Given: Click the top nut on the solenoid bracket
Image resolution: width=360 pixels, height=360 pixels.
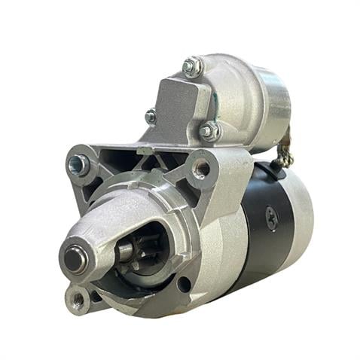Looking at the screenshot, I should (192, 67).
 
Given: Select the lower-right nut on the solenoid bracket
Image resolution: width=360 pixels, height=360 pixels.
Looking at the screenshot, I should (208, 132).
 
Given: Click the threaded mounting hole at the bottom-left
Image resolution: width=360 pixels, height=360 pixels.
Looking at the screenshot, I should (77, 300).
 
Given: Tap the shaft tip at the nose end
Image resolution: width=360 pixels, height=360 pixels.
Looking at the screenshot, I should (73, 258).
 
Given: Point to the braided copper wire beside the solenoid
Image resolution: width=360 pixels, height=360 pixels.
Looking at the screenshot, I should (285, 154).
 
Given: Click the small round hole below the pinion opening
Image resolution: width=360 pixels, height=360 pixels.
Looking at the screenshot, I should (184, 284).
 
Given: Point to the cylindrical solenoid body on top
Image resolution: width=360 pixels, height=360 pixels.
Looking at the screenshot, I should (241, 98).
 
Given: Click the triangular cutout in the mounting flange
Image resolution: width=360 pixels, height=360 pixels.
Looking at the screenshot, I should (143, 160).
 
